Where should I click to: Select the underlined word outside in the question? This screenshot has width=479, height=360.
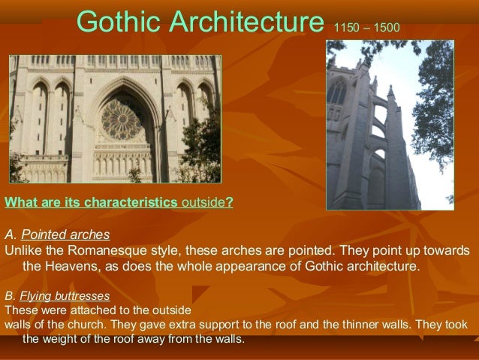coord(203,201)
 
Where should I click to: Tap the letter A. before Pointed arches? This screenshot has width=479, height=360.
coord(9,234)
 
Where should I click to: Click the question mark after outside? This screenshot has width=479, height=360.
coord(230,201)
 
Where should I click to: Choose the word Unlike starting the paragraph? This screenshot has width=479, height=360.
coord(23,250)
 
